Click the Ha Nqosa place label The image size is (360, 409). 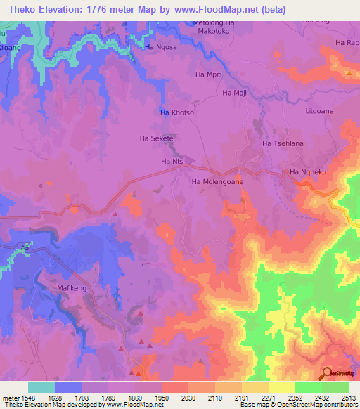point(158,47)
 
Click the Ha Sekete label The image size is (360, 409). point(157,138)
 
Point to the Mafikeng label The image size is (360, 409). point(70,288)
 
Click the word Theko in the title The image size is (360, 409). point(19,8)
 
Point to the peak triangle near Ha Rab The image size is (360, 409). point(349,72)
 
